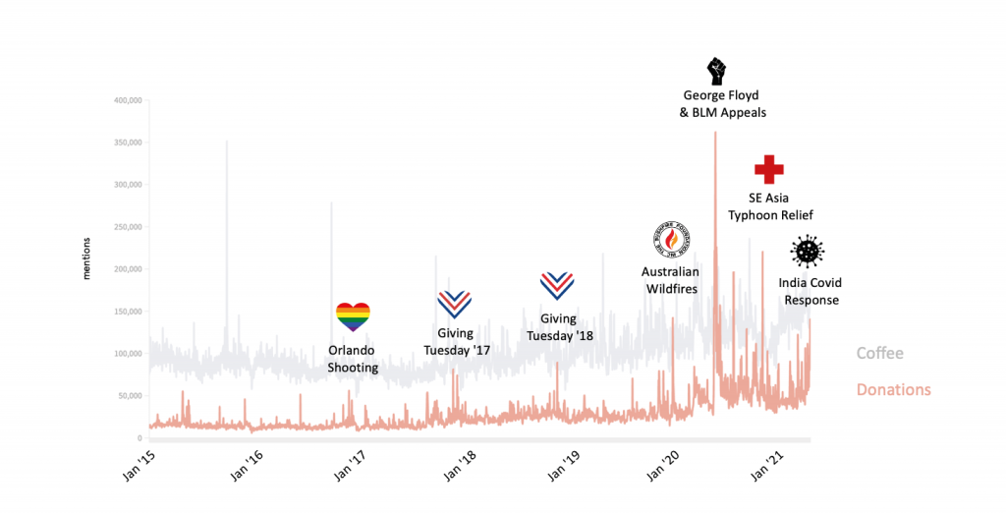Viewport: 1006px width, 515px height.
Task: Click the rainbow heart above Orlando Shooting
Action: coord(354,316)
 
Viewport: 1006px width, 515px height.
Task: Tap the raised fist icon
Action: coord(716,71)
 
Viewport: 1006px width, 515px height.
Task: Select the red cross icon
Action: coord(768,169)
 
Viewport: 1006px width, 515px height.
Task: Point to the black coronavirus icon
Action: coord(809,252)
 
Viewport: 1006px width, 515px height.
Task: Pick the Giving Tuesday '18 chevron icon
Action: coord(558,286)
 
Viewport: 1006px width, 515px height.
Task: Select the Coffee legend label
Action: coord(879,354)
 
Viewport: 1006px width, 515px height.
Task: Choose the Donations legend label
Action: coord(893,389)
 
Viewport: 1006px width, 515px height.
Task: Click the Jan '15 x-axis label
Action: coord(143,462)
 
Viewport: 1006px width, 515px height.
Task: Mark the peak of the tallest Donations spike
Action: coord(714,133)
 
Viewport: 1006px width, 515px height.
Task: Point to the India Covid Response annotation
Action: coord(810,291)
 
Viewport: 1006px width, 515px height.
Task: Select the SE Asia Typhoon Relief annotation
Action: coord(769,206)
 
